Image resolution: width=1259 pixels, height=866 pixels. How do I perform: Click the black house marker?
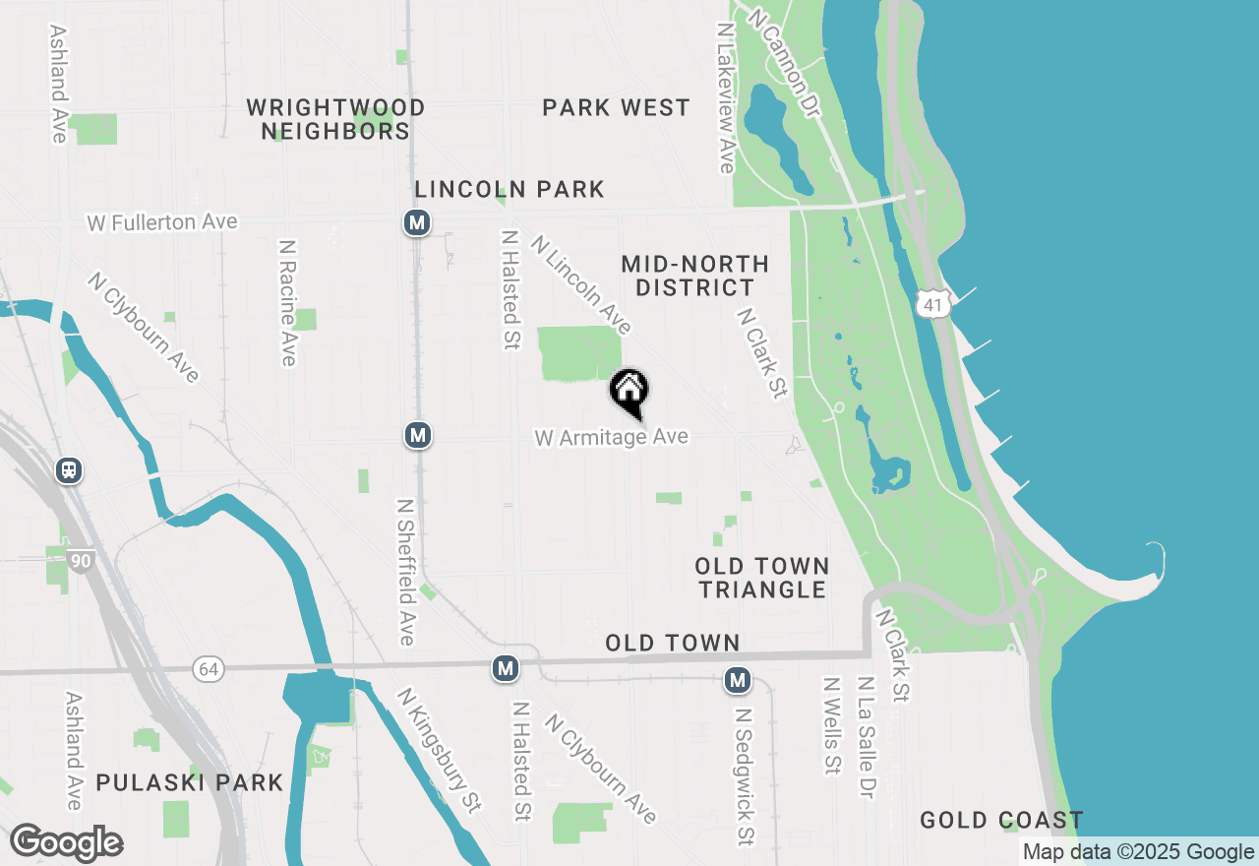pyautogui.click(x=629, y=391)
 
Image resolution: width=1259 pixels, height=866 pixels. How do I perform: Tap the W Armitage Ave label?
pyautogui.click(x=611, y=436)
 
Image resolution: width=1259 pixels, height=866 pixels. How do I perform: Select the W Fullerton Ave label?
pyautogui.click(x=162, y=222)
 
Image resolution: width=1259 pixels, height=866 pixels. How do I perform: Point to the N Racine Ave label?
pyautogui.click(x=287, y=302)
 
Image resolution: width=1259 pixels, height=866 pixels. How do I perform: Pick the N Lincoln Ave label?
pyautogui.click(x=580, y=283)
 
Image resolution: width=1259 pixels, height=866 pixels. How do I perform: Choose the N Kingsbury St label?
pyautogui.click(x=440, y=750)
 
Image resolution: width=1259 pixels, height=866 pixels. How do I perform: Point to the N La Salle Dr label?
pyautogui.click(x=866, y=737)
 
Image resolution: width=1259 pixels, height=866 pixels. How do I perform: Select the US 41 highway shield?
pyautogui.click(x=932, y=305)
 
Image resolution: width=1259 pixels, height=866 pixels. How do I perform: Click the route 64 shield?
pyautogui.click(x=208, y=669)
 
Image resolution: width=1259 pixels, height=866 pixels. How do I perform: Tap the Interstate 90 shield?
pyautogui.click(x=81, y=561)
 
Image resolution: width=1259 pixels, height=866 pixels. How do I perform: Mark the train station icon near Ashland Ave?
pyautogui.click(x=69, y=470)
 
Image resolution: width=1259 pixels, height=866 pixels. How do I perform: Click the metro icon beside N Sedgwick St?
pyautogui.click(x=738, y=679)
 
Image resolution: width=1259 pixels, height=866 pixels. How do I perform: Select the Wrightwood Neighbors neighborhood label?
pyautogui.click(x=335, y=118)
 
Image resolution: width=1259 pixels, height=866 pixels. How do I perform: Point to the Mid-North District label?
pyautogui.click(x=694, y=276)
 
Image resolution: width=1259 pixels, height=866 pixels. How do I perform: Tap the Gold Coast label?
pyautogui.click(x=1001, y=820)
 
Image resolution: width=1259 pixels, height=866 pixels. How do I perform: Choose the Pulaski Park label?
pyautogui.click(x=189, y=783)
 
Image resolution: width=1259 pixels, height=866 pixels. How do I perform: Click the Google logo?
pyautogui.click(x=66, y=842)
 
